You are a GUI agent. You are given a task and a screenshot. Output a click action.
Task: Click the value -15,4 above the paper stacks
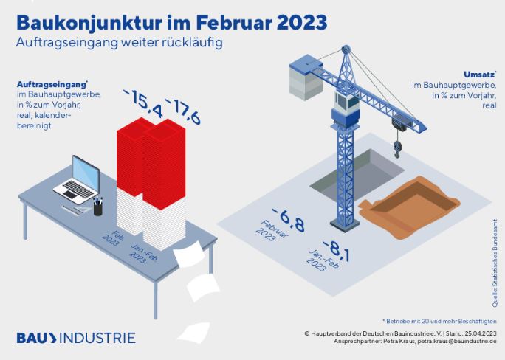(x=142, y=103)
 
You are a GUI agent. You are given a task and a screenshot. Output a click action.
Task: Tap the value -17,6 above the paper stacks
(x=183, y=111)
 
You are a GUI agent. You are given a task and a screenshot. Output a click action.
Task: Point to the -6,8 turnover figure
(x=288, y=219)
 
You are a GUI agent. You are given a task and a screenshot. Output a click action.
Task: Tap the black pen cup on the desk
(x=98, y=207)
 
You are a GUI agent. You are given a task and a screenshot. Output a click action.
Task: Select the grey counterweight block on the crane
(x=305, y=78)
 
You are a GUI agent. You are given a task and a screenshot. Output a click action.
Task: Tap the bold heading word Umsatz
(x=480, y=75)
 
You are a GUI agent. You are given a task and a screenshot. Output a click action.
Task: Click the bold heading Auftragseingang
(x=52, y=84)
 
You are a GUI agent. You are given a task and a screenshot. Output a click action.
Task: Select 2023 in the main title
(x=302, y=23)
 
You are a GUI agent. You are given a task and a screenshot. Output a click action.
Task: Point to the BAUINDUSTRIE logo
(x=76, y=338)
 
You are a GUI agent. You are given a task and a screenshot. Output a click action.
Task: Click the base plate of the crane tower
(x=345, y=224)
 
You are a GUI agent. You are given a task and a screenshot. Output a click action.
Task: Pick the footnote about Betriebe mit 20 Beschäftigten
(x=439, y=321)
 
